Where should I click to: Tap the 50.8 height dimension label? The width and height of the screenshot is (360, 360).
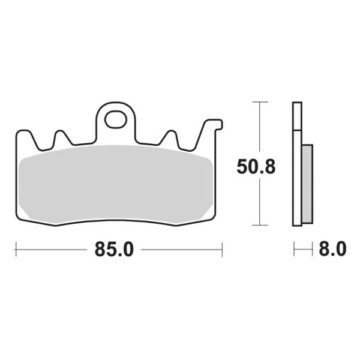pyautogui.click(x=256, y=167)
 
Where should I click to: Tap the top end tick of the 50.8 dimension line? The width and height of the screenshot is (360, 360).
pyautogui.click(x=259, y=102)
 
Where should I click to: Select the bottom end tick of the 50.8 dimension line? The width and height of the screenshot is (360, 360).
pyautogui.click(x=259, y=226)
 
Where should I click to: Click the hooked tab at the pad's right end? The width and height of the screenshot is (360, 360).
pyautogui.click(x=212, y=127)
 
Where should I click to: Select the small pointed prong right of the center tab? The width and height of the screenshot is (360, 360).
pyautogui.click(x=170, y=137)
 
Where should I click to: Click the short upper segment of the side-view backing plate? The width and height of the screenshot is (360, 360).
pyautogui.click(x=296, y=116)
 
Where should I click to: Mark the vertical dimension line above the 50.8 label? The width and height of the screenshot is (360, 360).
pyautogui.click(x=259, y=129)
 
